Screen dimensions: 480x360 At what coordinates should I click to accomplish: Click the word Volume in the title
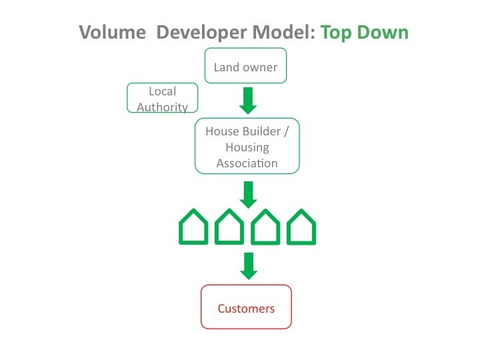click(x=113, y=32)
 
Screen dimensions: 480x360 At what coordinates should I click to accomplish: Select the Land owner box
click(x=245, y=65)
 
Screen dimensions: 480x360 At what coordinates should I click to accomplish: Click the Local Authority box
click(x=162, y=97)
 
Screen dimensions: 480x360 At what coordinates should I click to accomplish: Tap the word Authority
click(x=162, y=107)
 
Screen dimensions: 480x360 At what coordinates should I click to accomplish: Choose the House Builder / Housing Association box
click(x=247, y=146)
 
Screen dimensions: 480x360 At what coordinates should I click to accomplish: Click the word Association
click(x=247, y=163)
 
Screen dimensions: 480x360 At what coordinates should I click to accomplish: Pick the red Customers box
click(x=246, y=307)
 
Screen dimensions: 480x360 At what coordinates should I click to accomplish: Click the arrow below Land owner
click(x=248, y=101)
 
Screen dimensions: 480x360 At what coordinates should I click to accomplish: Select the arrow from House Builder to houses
click(x=248, y=195)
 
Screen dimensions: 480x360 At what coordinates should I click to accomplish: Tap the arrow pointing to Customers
click(x=249, y=266)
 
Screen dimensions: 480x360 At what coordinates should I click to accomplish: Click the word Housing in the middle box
click(x=247, y=148)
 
